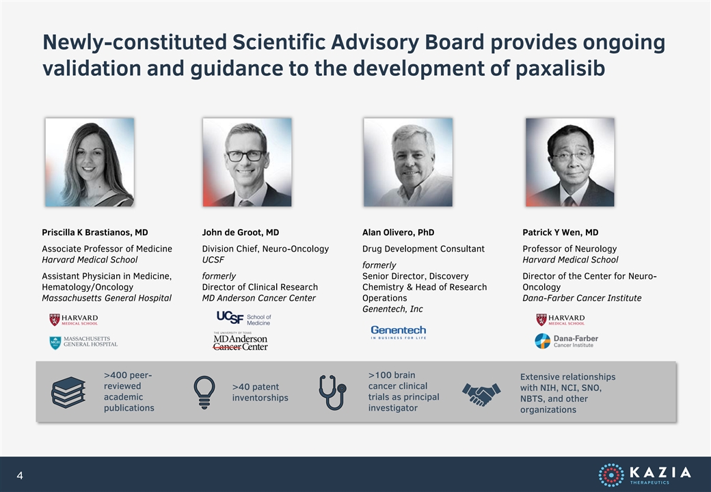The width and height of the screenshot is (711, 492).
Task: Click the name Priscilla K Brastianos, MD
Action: [x=95, y=232]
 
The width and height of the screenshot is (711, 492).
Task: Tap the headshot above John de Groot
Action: [x=247, y=162]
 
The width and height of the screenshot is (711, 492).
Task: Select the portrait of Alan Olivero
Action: [x=408, y=162]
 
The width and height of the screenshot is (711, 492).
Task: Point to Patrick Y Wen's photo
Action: [x=570, y=162]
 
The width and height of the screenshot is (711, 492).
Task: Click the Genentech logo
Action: [x=399, y=332]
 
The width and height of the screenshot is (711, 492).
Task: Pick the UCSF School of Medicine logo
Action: [x=243, y=318]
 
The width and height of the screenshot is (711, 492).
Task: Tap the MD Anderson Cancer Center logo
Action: [x=241, y=341]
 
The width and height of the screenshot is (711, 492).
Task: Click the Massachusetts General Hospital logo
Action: [x=83, y=342]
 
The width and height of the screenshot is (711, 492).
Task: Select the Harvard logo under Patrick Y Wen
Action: [x=561, y=320]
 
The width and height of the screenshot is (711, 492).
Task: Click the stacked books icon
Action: [x=68, y=392]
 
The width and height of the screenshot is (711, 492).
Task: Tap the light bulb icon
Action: [x=204, y=392]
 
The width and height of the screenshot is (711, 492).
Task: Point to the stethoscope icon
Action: [x=332, y=392]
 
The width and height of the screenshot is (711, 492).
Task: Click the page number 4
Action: [x=20, y=475]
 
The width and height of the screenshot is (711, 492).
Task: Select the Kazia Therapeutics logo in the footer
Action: [x=644, y=475]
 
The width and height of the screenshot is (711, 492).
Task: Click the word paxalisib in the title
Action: [x=560, y=68]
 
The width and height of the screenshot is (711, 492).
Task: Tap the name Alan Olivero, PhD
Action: [x=398, y=232]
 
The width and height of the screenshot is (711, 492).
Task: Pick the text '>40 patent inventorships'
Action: [x=260, y=392]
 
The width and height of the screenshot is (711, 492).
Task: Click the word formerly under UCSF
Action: [x=219, y=276]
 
